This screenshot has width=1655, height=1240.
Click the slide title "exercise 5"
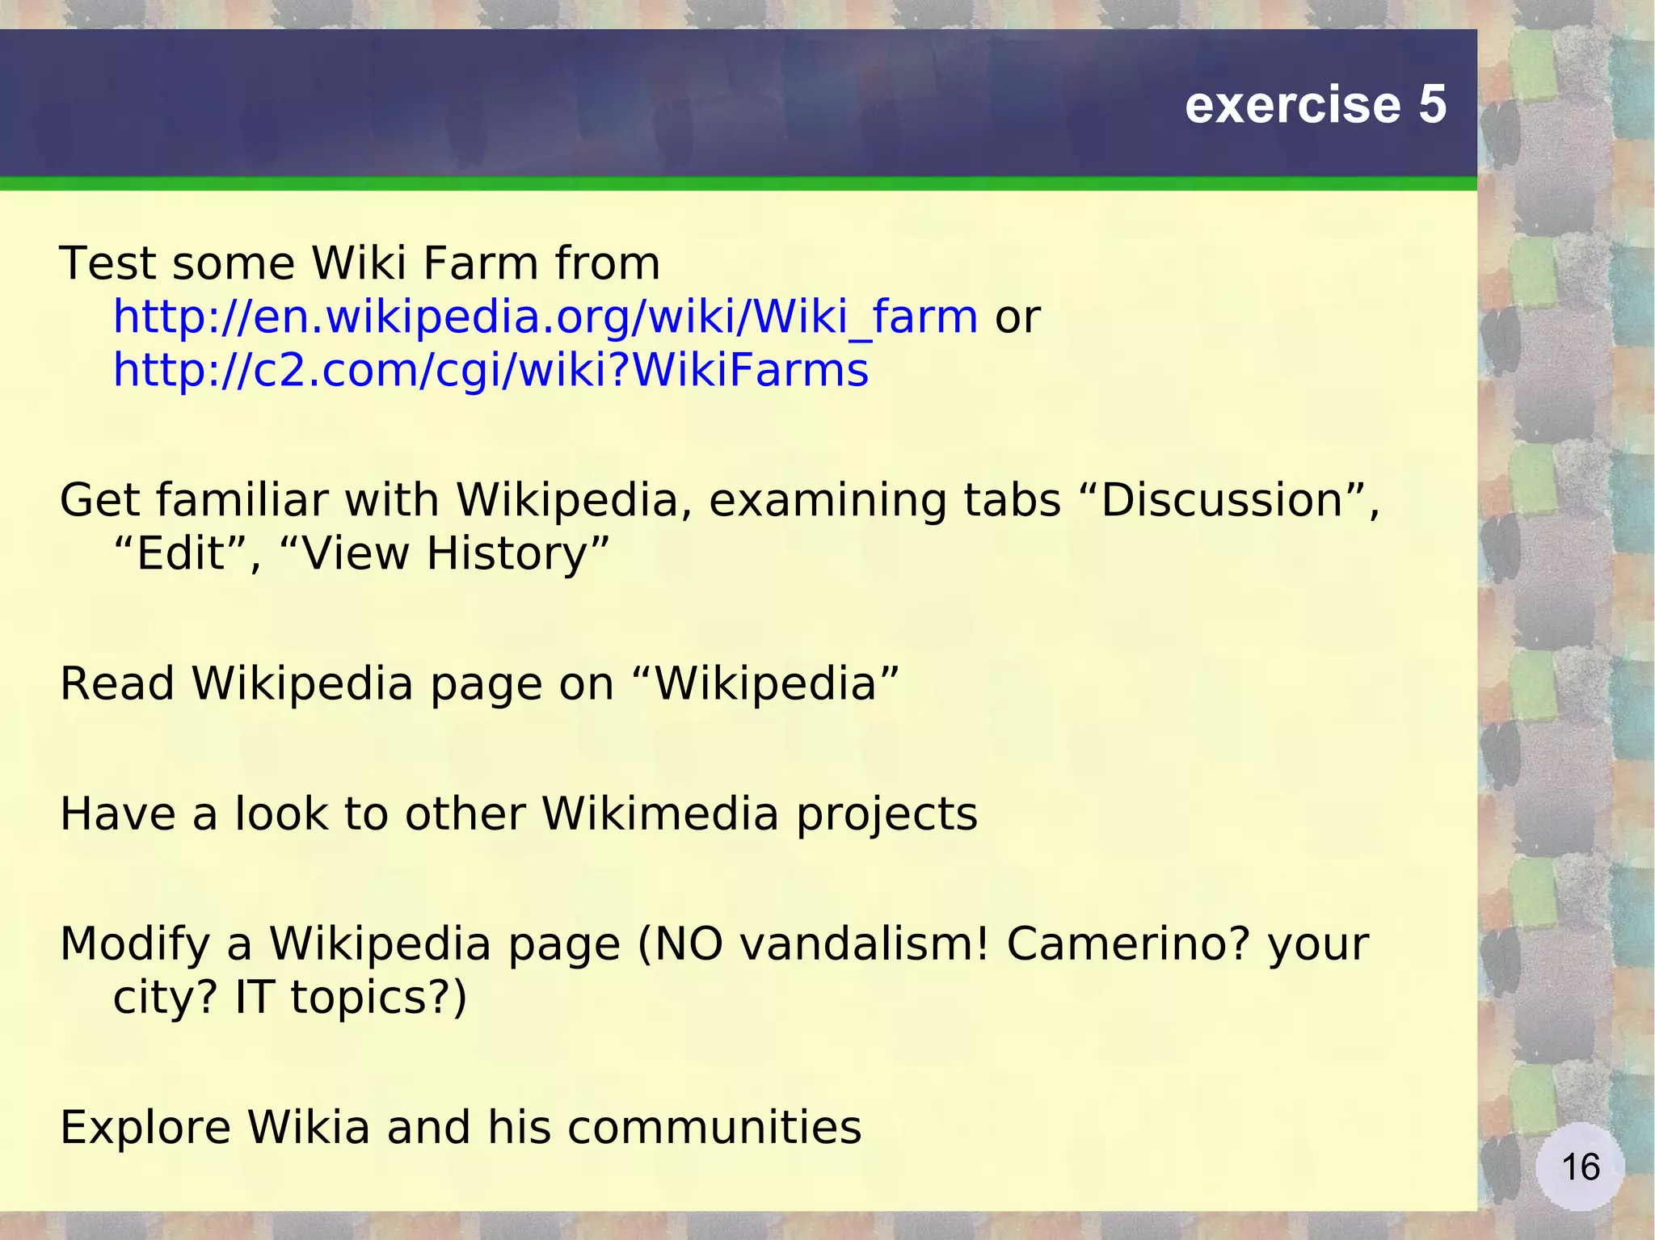(x=1315, y=105)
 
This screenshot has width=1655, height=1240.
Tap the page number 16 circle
(x=1580, y=1166)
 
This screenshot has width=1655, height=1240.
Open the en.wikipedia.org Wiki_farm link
(x=545, y=317)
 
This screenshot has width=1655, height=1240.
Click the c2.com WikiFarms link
(x=491, y=371)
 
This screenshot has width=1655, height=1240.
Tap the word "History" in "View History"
(x=507, y=554)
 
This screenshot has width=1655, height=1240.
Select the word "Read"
(x=116, y=683)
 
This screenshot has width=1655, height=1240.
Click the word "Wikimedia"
(x=660, y=813)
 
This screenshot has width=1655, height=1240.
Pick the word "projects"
(x=886, y=813)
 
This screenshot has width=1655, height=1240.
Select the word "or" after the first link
(x=1017, y=317)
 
